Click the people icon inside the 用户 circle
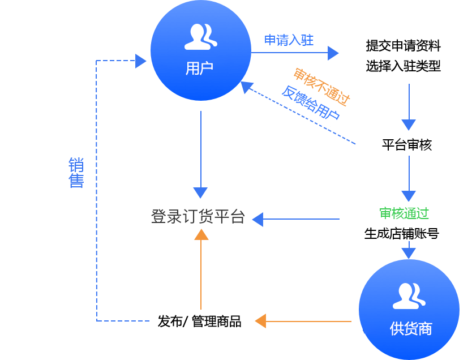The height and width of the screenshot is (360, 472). [201, 36]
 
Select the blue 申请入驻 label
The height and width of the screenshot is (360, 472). [289, 40]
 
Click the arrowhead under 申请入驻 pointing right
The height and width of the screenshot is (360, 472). [333, 53]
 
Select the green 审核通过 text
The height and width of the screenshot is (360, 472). [404, 213]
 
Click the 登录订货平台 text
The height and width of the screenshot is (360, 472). [198, 217]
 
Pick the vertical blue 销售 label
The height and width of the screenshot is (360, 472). [76, 173]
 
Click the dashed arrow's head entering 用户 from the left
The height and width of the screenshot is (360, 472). [141, 61]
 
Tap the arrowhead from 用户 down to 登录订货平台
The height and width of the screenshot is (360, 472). [200, 192]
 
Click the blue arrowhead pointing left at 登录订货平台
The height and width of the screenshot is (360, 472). [258, 219]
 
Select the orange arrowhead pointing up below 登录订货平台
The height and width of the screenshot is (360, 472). [201, 235]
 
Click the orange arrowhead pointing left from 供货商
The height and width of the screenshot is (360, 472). [260, 321]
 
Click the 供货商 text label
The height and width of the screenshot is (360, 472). [410, 328]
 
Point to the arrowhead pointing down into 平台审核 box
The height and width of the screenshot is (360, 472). [409, 125]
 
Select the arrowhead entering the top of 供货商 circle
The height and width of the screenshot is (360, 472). [409, 252]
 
